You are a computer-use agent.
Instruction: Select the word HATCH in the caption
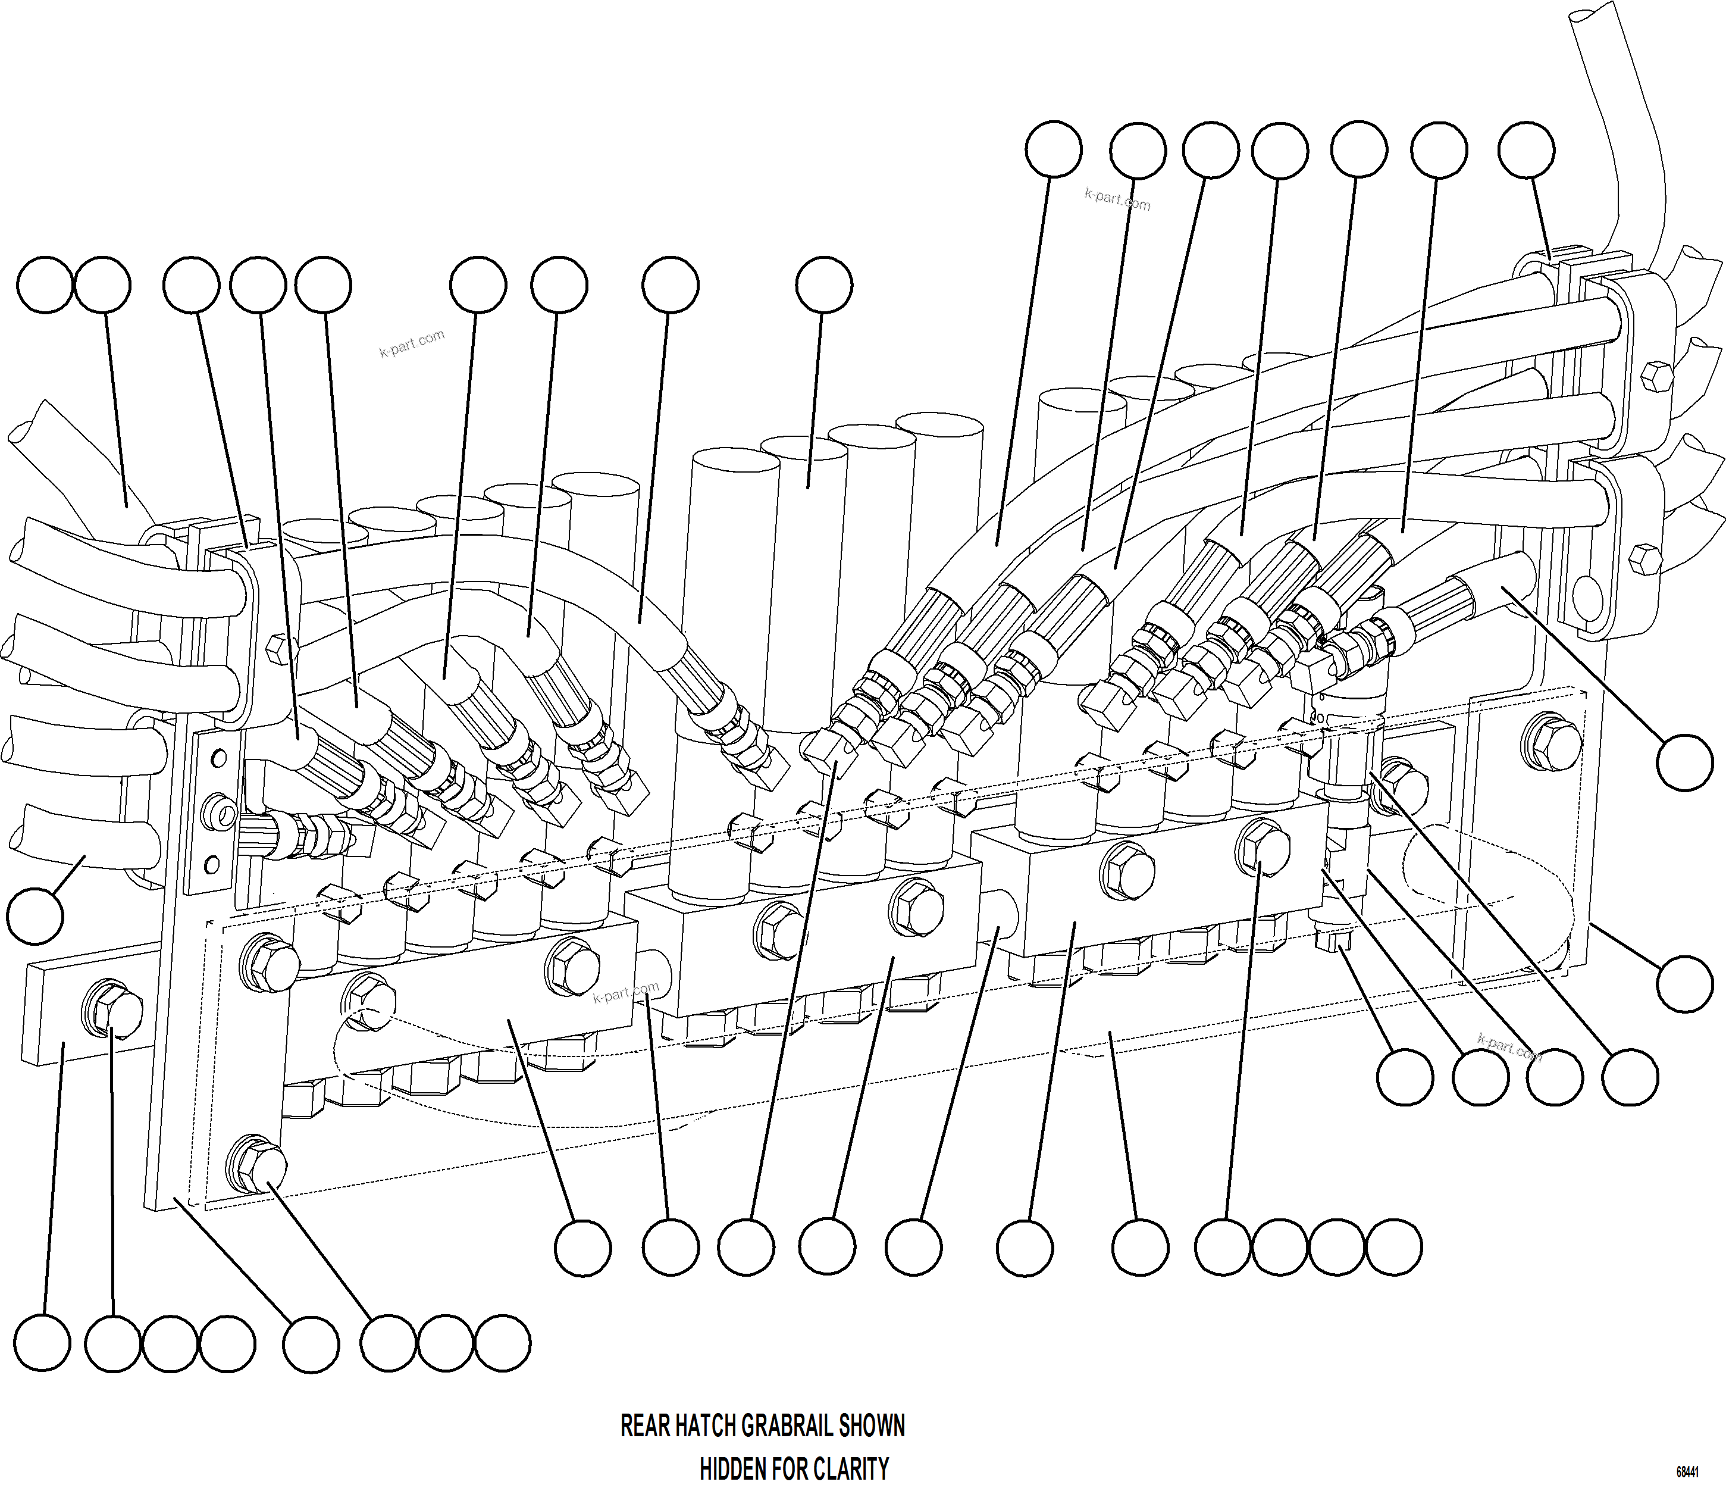click(706, 1426)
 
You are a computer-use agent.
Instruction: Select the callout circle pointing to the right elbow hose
click(1684, 762)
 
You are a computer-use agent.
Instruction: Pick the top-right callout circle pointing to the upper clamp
click(1526, 151)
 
